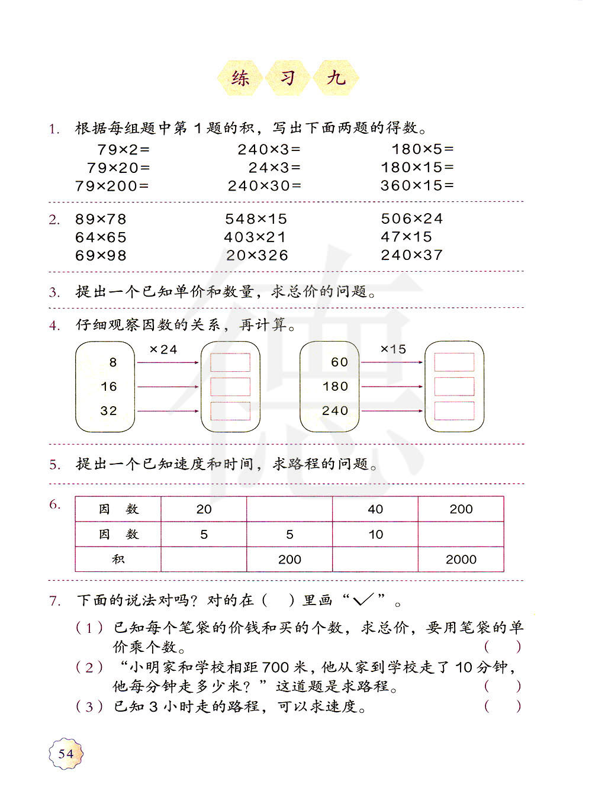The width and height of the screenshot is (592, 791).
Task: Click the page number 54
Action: (66, 753)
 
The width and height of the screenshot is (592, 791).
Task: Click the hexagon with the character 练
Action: (240, 78)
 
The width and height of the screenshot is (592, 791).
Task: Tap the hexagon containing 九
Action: (336, 78)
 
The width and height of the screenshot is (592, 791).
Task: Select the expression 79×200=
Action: (112, 186)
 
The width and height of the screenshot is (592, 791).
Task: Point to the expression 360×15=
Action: (417, 185)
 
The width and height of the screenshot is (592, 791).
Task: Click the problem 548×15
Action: (256, 219)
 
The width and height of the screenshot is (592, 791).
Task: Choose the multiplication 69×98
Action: (101, 256)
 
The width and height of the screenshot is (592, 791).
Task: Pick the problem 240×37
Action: (411, 255)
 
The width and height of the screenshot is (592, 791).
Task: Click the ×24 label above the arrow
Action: (163, 350)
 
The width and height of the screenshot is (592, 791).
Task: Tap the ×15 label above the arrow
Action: (393, 349)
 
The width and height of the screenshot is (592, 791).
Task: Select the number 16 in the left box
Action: (108, 387)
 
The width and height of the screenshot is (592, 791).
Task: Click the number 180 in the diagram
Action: (335, 387)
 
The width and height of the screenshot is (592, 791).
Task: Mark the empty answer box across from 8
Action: (230, 362)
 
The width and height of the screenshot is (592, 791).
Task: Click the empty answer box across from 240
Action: (454, 411)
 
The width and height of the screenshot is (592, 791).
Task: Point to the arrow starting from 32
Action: (168, 411)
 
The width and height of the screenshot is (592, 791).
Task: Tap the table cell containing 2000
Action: (461, 560)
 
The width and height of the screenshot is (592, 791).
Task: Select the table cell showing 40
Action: (375, 509)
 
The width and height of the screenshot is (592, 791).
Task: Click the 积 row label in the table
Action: (118, 560)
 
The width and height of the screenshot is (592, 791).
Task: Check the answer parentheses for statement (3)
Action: (503, 706)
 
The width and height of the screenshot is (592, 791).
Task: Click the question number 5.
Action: (54, 465)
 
